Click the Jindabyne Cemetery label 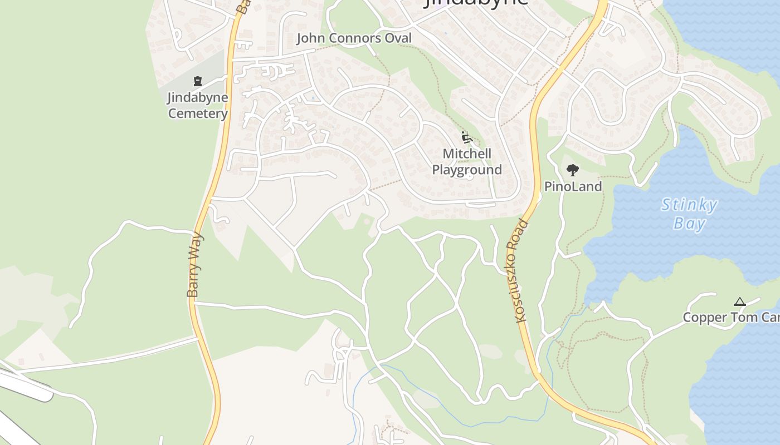pos(198,106)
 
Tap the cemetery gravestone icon pos(197,81)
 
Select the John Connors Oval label pos(354,38)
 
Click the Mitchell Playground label pos(467,162)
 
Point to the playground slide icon pos(467,137)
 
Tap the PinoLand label pos(573,187)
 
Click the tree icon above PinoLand pos(572,170)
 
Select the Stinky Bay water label pos(689,214)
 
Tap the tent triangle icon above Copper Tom pos(740,302)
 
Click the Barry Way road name pos(194,264)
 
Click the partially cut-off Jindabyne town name pos(476,3)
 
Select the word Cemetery pos(198,114)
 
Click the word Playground pos(467,170)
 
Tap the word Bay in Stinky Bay pos(690,224)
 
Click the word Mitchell pos(467,154)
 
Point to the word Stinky pos(689,205)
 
